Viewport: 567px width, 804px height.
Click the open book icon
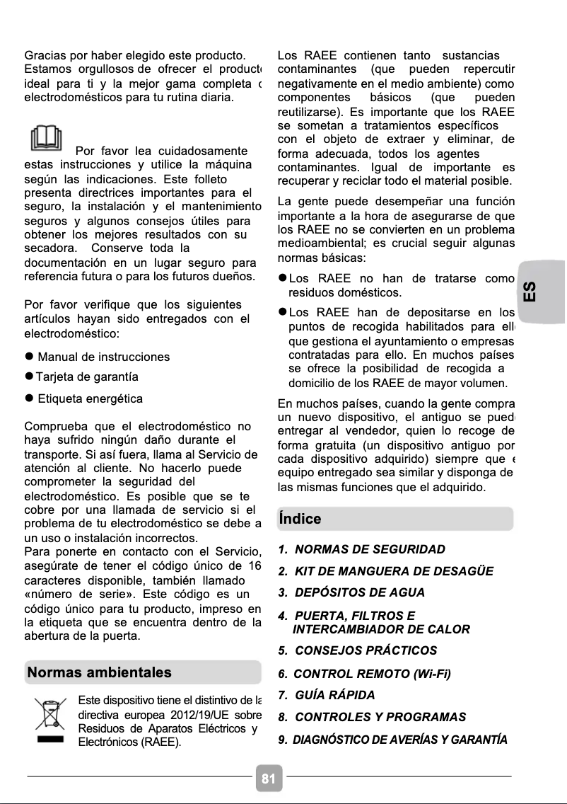[x=46, y=138]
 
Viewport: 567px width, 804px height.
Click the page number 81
[x=269, y=779]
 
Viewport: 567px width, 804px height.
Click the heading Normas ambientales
[x=99, y=672]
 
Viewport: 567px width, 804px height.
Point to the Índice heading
[x=300, y=519]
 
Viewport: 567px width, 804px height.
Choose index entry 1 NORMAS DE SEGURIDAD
[x=362, y=549]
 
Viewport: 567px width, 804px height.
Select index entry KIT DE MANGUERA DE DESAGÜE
[x=386, y=571]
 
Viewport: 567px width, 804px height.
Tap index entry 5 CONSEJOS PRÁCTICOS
[x=358, y=650]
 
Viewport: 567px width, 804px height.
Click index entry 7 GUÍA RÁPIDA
[x=327, y=695]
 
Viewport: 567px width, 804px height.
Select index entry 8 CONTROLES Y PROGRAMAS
[x=373, y=717]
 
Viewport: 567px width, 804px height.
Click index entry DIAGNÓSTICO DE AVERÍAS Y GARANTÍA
[x=393, y=740]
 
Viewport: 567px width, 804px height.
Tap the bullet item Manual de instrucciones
[x=103, y=357]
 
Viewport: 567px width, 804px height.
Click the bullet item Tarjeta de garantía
[x=87, y=377]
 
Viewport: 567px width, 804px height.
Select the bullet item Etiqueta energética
[x=90, y=398]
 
